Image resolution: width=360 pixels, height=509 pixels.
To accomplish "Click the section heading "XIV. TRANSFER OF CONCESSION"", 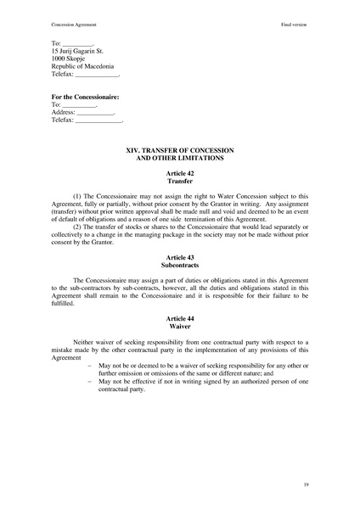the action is (179, 149).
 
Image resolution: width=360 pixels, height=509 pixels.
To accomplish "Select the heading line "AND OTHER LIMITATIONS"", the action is (179, 158).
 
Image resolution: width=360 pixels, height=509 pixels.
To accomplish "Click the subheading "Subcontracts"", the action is (179, 264).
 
